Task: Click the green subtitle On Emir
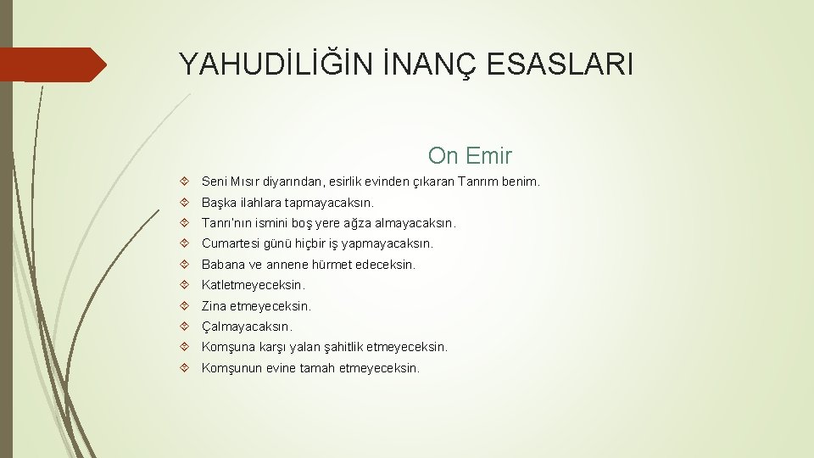pyautogui.click(x=470, y=156)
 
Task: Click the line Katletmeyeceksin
pyautogui.click(x=253, y=285)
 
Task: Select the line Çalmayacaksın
pyautogui.click(x=247, y=327)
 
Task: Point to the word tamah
pyautogui.click(x=315, y=368)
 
